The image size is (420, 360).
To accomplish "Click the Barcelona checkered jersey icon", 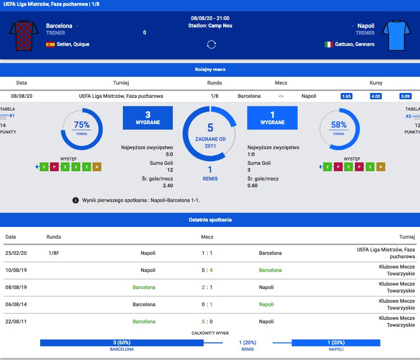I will point(24,35).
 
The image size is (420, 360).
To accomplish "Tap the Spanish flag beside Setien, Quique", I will point(50,44).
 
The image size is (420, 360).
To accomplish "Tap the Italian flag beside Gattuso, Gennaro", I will point(328,44).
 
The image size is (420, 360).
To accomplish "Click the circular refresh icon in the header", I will point(211,45).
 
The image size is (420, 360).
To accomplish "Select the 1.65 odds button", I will point(347,96).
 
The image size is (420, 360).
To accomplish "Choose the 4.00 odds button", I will point(376,96).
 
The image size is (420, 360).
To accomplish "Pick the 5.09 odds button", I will point(405,96).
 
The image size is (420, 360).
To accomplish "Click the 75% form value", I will point(82,125).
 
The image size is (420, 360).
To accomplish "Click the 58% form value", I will point(339,125).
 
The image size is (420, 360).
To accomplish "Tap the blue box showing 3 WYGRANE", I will point(147,118).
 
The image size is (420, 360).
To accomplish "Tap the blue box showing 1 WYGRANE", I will point(272,118).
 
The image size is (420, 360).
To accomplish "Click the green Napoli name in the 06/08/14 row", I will point(266,304).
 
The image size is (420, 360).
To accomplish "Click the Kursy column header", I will point(376,83).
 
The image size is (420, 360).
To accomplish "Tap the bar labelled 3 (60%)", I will point(121,342).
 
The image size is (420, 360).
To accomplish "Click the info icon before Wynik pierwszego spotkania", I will point(75,200).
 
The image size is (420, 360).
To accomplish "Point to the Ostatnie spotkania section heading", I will point(210,220).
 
